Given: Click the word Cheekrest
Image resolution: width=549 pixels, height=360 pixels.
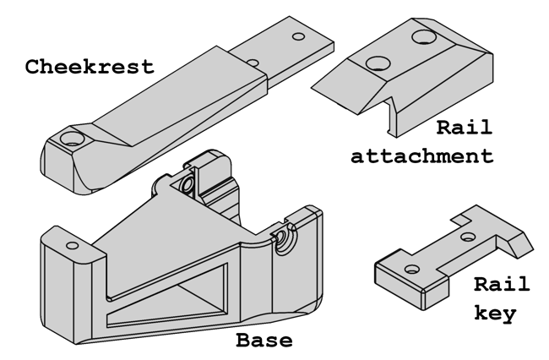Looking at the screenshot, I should tap(90, 66).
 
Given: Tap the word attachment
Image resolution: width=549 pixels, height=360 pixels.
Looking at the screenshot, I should tap(421, 155).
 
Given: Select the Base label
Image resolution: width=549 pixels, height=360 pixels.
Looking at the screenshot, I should tap(264, 341).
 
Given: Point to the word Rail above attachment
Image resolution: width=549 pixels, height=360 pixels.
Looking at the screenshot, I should tap(464, 128).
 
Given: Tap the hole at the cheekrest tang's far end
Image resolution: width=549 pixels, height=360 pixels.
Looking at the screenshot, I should tap(297, 38).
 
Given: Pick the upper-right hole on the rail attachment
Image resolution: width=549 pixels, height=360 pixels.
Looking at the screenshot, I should tap(422, 37).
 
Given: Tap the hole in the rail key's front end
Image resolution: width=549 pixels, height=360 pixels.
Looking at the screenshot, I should tap(411, 269).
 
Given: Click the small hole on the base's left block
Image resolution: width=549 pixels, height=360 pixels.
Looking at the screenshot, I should tap(73, 245).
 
